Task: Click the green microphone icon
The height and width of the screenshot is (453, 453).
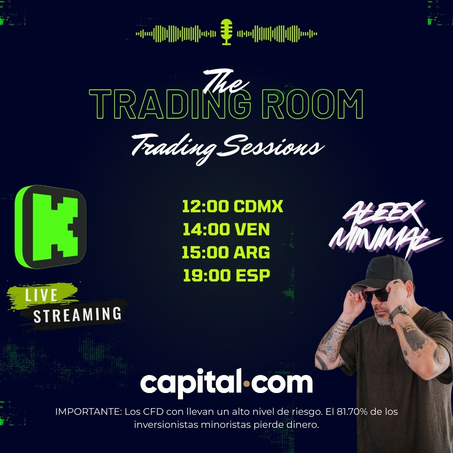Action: [x=226, y=31]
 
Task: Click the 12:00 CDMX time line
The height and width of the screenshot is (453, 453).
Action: [x=233, y=206]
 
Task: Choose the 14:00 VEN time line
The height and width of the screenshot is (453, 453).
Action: [x=226, y=229]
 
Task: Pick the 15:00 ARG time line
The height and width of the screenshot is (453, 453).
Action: [x=226, y=253]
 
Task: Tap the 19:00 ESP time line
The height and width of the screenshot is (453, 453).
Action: [x=226, y=276]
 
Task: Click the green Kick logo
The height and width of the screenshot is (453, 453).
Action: [x=50, y=226]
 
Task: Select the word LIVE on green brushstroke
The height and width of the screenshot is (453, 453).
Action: [x=41, y=295]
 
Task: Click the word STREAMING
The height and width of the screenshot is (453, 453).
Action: [x=78, y=314]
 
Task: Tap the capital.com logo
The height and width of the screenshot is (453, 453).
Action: [x=226, y=383]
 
